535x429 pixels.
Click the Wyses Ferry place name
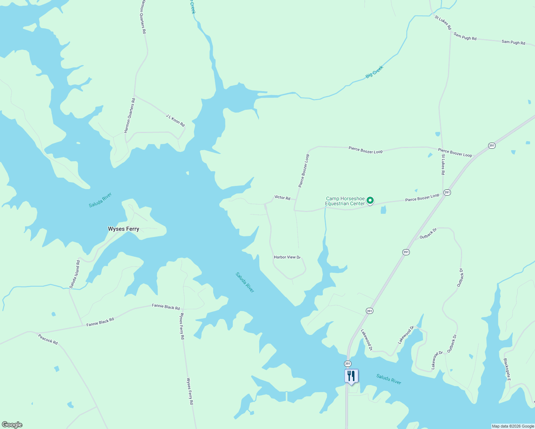pos(123,229)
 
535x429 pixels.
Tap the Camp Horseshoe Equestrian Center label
pos(345,201)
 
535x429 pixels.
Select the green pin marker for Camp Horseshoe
pos(370,201)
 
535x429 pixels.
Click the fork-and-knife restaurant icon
pos(351,376)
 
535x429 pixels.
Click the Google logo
pos(12,425)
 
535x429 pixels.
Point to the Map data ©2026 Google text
pos(513,426)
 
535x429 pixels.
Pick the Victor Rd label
pos(282,197)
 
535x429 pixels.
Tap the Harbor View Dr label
pos(288,257)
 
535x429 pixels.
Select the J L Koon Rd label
pos(175,120)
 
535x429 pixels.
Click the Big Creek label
pos(374,72)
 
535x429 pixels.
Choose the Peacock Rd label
pos(48,339)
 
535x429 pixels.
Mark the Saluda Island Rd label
pos(75,274)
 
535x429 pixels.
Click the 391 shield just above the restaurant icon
pos(348,364)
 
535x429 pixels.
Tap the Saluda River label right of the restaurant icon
pos(389,379)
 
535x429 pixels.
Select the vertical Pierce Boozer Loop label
pos(304,171)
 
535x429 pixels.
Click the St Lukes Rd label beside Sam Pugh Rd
pos(443,22)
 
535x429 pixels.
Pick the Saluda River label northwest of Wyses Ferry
pos(100,200)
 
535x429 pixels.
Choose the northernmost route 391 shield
pos(492,146)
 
